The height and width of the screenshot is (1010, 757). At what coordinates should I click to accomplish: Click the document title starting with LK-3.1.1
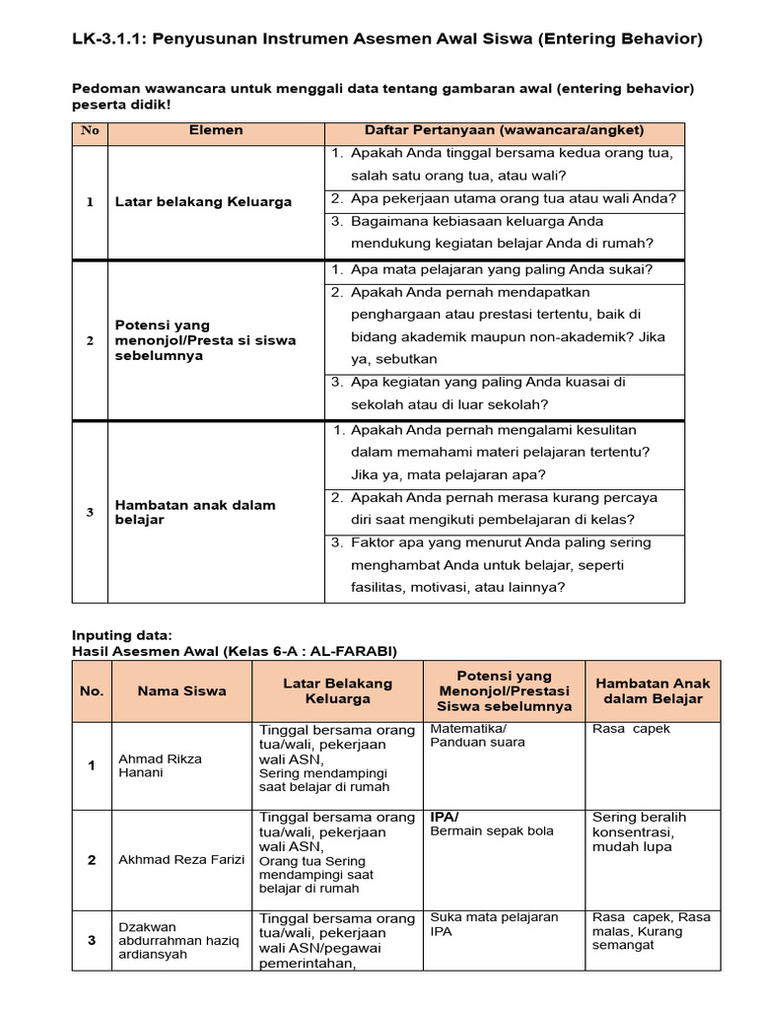(x=386, y=39)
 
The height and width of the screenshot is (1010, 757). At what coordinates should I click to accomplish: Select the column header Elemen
(x=216, y=130)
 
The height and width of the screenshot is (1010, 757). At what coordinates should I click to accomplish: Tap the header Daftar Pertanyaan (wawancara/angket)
(x=504, y=130)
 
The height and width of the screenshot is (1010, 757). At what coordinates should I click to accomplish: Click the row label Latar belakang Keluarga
(x=203, y=201)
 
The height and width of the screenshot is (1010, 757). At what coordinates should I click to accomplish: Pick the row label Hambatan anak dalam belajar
(x=195, y=512)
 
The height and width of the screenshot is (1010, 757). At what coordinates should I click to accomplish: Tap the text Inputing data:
(x=122, y=635)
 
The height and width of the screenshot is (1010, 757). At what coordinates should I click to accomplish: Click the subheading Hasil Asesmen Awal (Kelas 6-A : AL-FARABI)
(x=234, y=650)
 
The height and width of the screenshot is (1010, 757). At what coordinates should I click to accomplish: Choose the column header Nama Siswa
(x=181, y=691)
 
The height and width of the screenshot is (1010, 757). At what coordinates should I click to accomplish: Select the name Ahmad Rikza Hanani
(x=160, y=765)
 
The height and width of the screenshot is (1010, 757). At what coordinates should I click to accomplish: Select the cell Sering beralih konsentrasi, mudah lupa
(x=640, y=831)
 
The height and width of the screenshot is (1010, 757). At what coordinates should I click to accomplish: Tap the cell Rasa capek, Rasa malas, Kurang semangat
(x=651, y=931)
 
